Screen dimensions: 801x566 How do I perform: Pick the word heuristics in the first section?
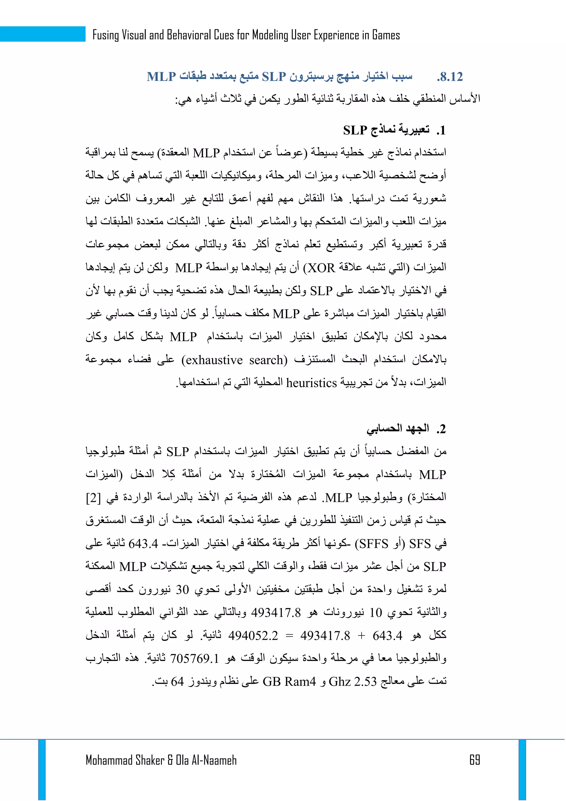click(x=311, y=383)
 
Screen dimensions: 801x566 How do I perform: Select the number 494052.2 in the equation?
click(x=253, y=636)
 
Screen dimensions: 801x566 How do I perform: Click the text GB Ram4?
click(x=289, y=681)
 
